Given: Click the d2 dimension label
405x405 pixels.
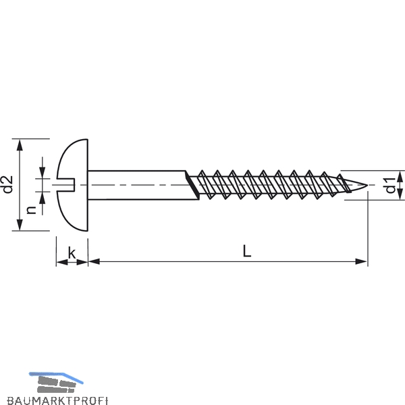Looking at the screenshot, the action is (7, 184).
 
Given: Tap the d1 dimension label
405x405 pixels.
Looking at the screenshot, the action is (390, 185).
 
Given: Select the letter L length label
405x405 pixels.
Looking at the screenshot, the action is (247, 251).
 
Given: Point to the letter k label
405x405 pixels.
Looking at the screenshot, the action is (72, 253).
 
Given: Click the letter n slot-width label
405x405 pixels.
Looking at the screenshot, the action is (31, 210).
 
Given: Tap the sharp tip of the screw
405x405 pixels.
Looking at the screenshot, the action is (367, 185).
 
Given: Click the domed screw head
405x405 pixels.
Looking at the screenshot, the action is (72, 185).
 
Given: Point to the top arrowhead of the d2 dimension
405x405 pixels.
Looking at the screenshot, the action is (20, 145).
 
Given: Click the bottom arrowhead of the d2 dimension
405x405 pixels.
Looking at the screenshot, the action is (20, 225).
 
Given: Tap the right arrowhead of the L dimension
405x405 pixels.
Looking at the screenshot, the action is (361, 261).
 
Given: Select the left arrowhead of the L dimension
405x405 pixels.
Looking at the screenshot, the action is (94, 261).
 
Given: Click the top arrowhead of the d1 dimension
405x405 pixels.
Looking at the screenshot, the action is (400, 176).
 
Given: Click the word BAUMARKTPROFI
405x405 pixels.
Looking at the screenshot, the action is (57, 400).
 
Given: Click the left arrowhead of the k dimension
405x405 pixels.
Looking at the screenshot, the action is (62, 262).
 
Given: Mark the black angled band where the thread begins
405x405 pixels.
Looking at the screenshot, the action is (192, 185).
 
